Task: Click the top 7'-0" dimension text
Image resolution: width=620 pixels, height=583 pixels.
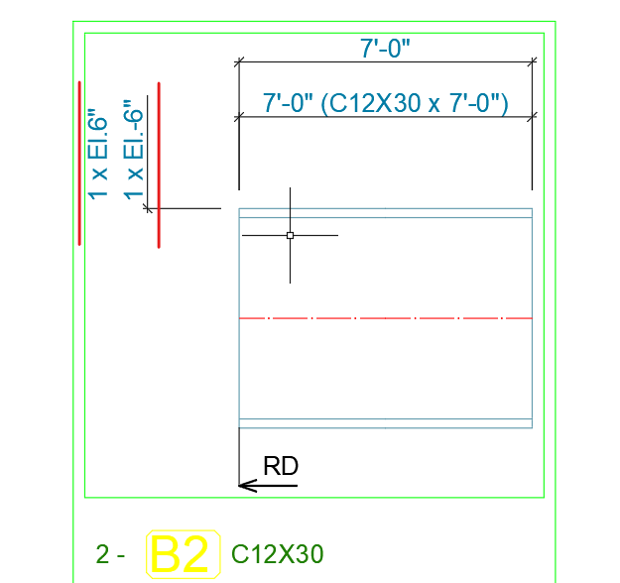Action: tap(385, 47)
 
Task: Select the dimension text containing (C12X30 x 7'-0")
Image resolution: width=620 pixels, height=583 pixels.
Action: tap(385, 103)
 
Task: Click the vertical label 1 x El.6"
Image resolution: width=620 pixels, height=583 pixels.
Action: tap(96, 153)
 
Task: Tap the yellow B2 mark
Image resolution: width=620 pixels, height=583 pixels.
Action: tap(183, 555)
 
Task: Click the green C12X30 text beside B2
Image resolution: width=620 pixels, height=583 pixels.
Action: tap(277, 555)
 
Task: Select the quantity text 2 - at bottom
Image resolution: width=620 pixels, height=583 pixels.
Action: tap(110, 555)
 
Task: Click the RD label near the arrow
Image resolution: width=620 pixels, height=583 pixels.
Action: tap(281, 466)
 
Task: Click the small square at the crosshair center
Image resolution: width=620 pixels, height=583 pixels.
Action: tap(290, 235)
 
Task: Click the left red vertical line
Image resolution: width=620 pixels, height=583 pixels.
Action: tap(80, 163)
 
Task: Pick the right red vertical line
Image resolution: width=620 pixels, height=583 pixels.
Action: tap(159, 166)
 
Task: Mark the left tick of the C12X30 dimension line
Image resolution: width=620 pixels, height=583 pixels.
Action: tap(239, 118)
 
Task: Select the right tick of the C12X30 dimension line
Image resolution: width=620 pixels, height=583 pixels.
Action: tap(533, 118)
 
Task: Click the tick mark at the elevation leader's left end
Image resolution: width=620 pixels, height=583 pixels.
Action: tap(148, 208)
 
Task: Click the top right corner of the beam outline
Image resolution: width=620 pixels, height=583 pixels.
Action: tap(533, 208)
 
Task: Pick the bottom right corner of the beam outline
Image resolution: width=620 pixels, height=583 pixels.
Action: tap(533, 427)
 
